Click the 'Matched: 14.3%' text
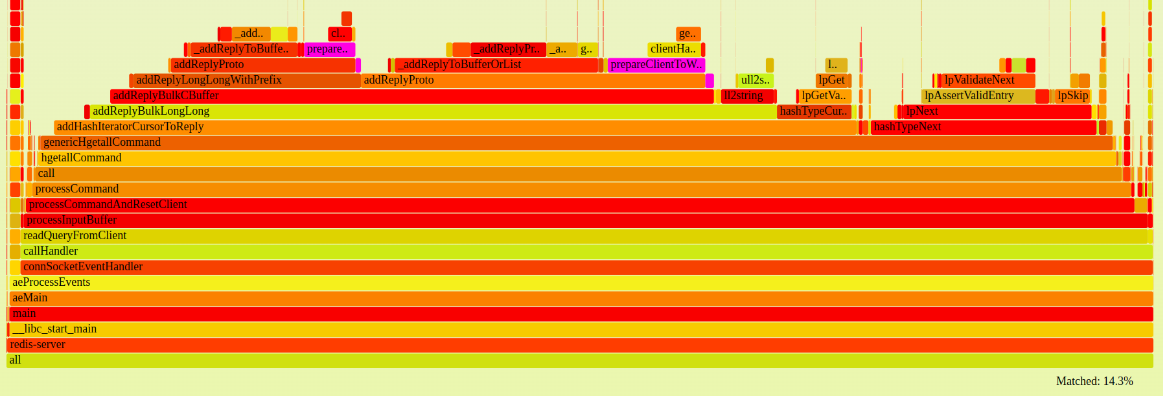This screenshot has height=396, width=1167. [1094, 381]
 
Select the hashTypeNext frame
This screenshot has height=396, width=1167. [982, 127]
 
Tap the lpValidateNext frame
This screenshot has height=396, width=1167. [988, 80]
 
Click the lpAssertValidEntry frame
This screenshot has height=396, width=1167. [977, 96]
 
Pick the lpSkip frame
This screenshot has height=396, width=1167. [1072, 96]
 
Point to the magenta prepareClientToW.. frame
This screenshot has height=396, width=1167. [656, 65]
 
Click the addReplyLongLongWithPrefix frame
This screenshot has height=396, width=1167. [246, 80]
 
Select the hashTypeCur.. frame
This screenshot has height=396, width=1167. [814, 111]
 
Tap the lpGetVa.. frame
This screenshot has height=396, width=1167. [824, 96]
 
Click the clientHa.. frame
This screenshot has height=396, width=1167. [674, 49]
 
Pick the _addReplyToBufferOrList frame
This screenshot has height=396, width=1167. [496, 65]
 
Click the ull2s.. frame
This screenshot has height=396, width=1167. [755, 80]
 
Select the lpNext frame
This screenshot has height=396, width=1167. [997, 111]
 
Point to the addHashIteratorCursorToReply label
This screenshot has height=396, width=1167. [130, 127]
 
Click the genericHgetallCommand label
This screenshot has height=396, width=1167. [102, 143]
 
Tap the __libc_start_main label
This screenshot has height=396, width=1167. [54, 329]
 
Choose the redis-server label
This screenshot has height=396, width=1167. [38, 345]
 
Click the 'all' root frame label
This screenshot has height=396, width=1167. [15, 360]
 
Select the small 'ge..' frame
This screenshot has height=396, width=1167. [688, 34]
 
